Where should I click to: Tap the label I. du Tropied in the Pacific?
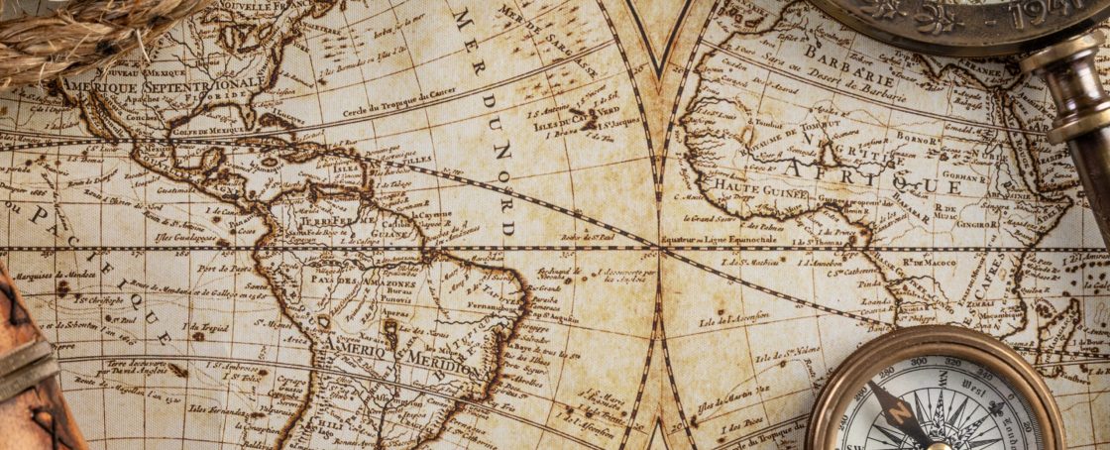tap(209, 326)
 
